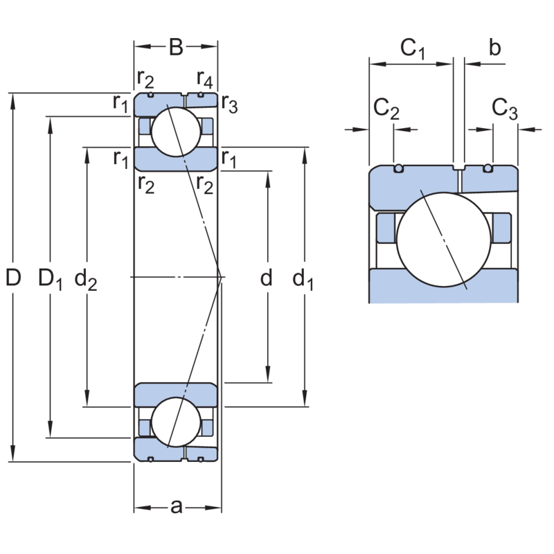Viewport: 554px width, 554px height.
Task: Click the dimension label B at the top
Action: pos(176,47)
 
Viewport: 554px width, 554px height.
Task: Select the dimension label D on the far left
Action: pos(13,278)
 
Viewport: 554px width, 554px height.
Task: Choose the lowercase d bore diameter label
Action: pos(267,278)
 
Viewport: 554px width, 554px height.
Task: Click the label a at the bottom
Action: pos(176,508)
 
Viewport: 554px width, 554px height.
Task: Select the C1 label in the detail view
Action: pos(413,48)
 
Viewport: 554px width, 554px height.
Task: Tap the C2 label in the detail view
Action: pos(386,109)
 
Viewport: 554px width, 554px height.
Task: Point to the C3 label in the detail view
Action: pos(504,109)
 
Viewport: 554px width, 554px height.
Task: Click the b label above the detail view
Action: pos(494,48)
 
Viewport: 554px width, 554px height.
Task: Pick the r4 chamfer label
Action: pos(204,77)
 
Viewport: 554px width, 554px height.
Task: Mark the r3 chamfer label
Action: pos(230,105)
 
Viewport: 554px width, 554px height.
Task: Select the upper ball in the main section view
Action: pos(176,132)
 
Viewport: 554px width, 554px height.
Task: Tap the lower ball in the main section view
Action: pos(176,422)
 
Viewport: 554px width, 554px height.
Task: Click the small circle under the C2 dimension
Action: pos(398,168)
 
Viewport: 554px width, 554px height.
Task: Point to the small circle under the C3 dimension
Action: pos(488,168)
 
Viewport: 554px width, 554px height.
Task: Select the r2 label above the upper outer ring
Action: pos(145,77)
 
